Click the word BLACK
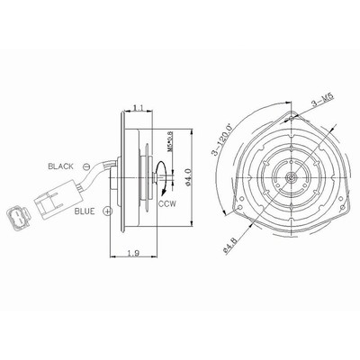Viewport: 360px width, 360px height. [x=60, y=166]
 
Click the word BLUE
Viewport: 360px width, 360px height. [x=85, y=211]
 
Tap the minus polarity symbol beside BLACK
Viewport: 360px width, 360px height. [x=86, y=166]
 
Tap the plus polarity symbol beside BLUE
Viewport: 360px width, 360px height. [x=107, y=211]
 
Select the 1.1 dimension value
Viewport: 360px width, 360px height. [x=139, y=108]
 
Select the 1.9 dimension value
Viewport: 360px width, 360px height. [x=133, y=253]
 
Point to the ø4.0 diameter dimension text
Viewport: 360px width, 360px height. [x=188, y=177]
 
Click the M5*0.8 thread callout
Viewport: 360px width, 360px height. [x=169, y=141]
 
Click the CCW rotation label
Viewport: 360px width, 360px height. [x=167, y=204]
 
